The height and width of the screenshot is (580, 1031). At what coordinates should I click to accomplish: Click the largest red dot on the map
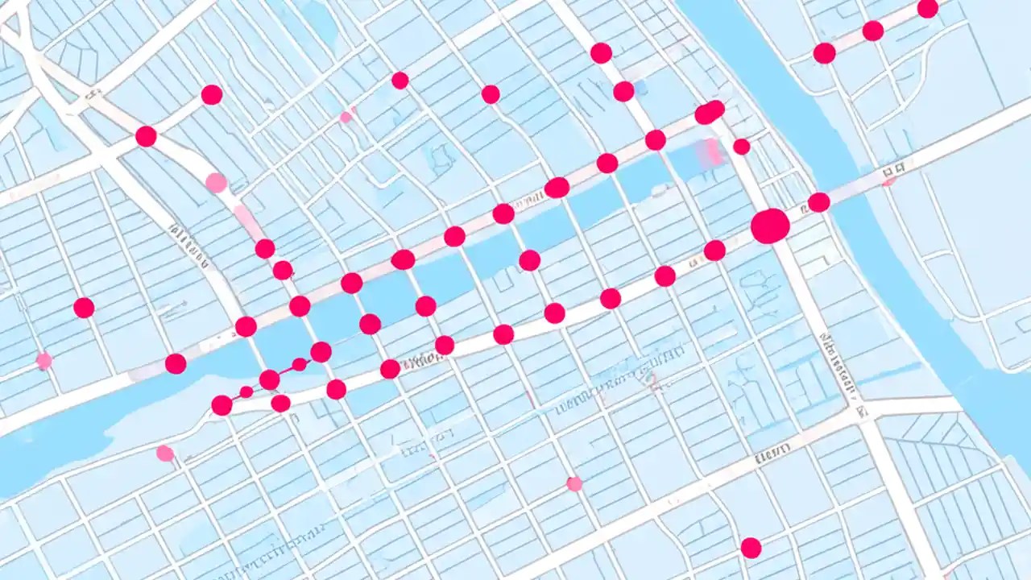coord(770,226)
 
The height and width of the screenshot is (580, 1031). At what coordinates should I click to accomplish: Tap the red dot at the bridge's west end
coord(819,202)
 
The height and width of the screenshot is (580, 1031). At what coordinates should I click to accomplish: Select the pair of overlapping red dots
coord(710,112)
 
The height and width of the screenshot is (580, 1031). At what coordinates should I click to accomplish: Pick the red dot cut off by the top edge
coord(928,8)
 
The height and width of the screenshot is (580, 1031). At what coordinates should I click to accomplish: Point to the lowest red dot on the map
coord(751,548)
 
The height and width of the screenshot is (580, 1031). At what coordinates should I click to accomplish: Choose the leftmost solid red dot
coord(84,308)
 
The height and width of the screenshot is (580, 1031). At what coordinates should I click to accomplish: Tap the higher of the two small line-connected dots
coord(299,364)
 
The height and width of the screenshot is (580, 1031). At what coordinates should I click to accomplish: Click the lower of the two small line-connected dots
coord(246,391)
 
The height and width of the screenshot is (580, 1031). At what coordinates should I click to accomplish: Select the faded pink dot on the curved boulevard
coord(216,183)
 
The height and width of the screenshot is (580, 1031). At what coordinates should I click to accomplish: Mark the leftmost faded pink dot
coord(44,361)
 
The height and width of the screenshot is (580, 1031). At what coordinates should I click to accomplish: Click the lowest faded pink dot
coord(574,484)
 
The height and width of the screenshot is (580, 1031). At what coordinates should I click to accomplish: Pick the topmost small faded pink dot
coord(346,117)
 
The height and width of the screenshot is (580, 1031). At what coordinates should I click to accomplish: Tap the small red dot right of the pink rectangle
coord(742,147)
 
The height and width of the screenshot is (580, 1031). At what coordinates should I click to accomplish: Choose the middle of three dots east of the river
coord(873,31)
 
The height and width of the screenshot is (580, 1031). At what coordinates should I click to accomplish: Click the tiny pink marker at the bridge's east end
coord(889,182)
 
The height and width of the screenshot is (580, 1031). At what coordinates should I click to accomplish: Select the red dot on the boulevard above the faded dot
coord(146,136)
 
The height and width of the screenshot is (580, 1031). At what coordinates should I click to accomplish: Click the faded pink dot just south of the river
coord(165,453)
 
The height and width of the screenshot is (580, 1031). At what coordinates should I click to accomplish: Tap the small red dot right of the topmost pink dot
coord(400,81)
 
